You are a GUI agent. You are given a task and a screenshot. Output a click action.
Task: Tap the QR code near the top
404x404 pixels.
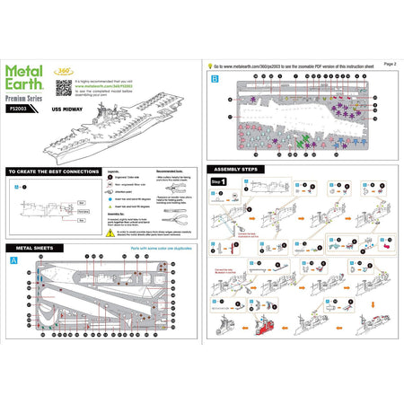coord(63,87)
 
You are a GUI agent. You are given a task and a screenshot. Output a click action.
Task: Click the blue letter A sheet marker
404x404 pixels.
coord(13,260)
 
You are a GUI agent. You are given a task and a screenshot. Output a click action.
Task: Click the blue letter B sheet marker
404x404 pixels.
coord(214,79)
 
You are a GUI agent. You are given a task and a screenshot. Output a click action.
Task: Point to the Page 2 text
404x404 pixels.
coord(389,64)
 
